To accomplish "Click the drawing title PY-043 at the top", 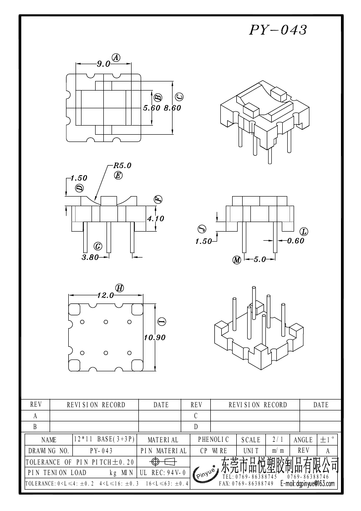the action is [278, 30].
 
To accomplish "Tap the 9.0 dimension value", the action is [103, 64].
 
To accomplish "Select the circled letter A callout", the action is [116, 58].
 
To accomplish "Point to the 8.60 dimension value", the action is [173, 108].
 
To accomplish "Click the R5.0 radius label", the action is [122, 166].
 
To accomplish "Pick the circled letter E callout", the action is [118, 175].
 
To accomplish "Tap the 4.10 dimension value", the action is [156, 219].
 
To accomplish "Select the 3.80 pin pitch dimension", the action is [90, 257].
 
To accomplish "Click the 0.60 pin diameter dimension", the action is [295, 241].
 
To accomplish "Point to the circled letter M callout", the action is [237, 260].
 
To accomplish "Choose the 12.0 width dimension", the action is [105, 295].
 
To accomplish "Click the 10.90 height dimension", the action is [155, 338].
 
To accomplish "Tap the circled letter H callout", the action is [120, 288].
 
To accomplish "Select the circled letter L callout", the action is [304, 232].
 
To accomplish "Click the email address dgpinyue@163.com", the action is [308, 484].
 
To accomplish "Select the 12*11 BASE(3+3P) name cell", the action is [104, 439].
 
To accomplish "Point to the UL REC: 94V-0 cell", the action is [163, 472].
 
